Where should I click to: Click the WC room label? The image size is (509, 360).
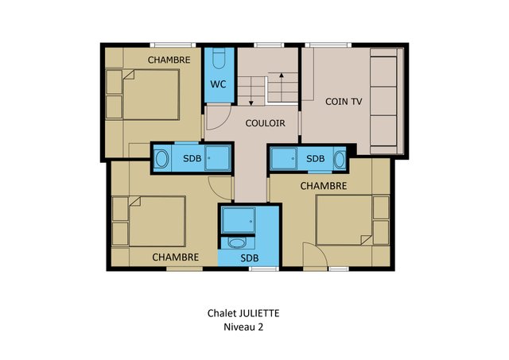coord(218,84)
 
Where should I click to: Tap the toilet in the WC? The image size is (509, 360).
coord(219,58)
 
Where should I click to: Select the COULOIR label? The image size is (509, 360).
coord(265,123)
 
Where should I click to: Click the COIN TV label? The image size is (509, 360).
coord(344,102)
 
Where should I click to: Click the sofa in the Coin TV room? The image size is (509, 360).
coord(387,101)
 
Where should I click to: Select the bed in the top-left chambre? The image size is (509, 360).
coord(151,95)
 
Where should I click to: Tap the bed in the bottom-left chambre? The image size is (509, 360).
coord(157,221)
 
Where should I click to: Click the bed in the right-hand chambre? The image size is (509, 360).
coord(344,220)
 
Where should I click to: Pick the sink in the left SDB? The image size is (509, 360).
coord(161,159)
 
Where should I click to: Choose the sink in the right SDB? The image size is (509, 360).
coord(340,160)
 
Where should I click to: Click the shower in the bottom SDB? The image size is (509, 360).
coord(239,221)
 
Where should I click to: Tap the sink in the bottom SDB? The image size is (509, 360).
coord(236,242)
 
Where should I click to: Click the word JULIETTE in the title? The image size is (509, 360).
coord(259,313)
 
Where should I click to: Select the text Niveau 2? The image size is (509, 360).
coord(243,327)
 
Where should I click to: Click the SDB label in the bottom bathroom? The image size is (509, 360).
coord(250,258)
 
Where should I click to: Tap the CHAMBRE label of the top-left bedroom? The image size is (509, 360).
coord(169,60)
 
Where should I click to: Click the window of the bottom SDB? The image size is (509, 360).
coord(263,269)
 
